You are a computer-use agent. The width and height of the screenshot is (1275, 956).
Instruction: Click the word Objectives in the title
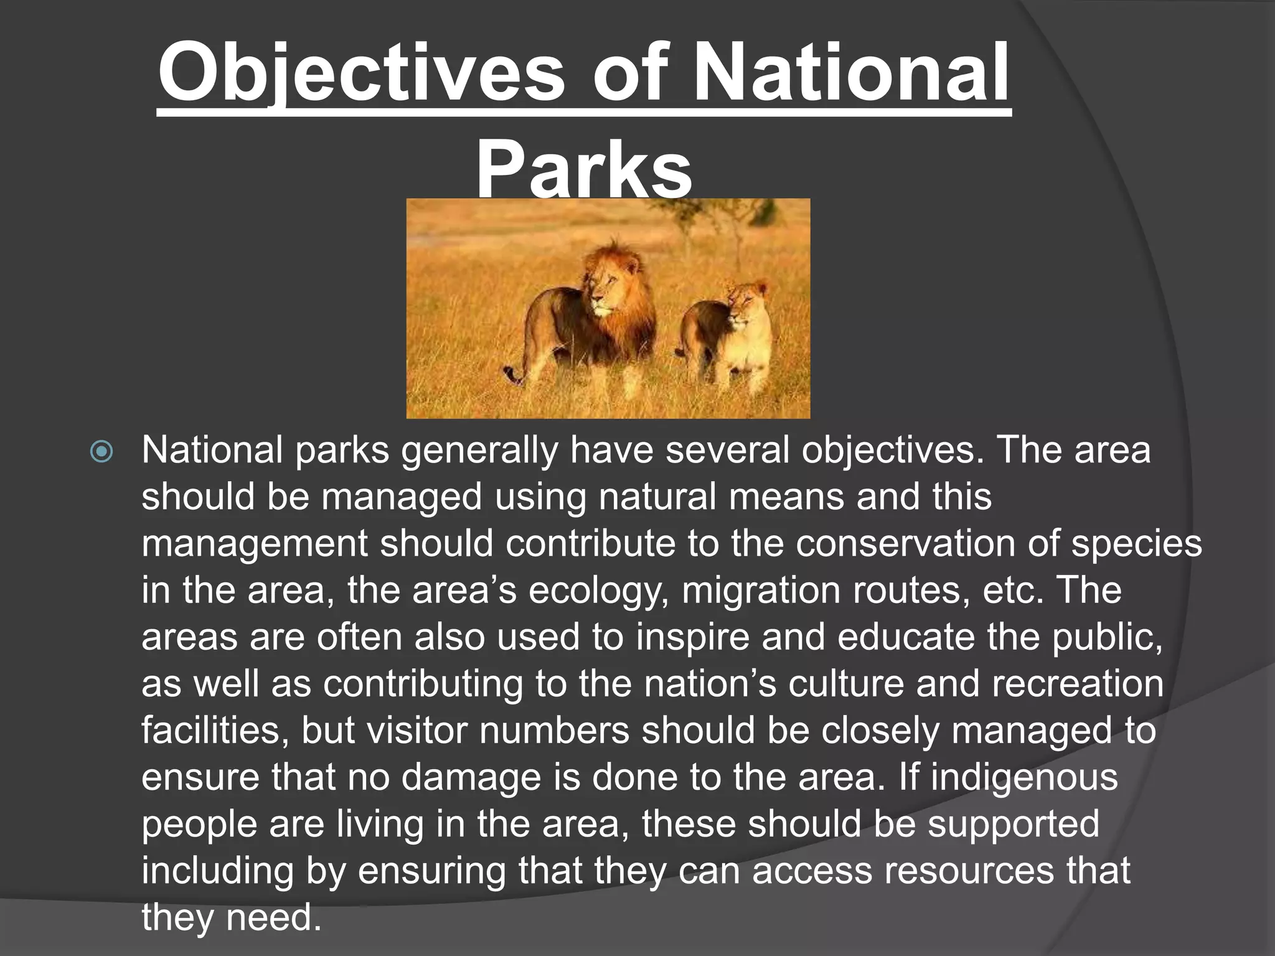tap(360, 73)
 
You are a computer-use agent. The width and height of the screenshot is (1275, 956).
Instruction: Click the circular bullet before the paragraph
tap(101, 452)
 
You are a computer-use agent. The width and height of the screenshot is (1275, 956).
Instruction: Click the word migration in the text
tap(761, 590)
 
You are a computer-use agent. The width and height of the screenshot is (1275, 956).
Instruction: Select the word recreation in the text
tap(1077, 683)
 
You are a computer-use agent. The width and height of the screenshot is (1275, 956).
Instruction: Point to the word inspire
tap(692, 637)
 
